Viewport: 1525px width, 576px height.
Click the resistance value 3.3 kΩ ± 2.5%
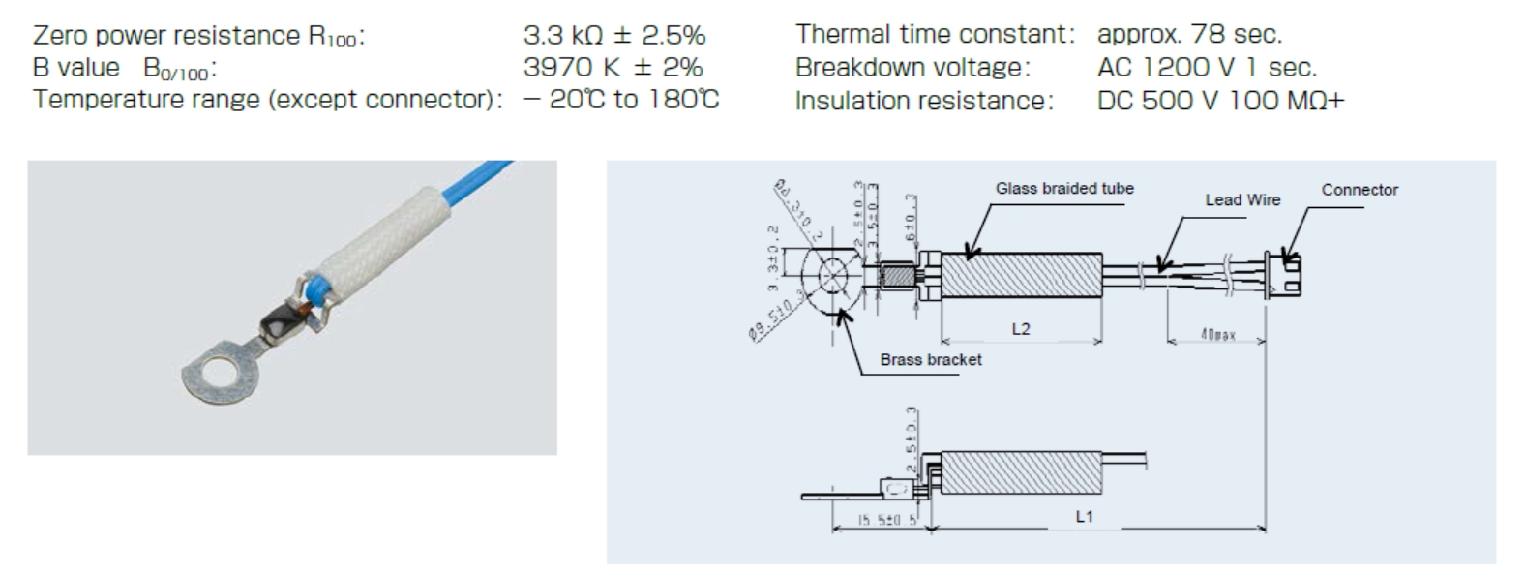613,36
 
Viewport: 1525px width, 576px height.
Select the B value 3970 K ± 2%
613,68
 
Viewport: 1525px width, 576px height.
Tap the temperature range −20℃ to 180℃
621,100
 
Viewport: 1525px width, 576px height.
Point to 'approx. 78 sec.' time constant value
1189,35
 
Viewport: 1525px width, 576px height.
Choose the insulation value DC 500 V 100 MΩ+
1220,101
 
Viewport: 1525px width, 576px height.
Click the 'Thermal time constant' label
935,35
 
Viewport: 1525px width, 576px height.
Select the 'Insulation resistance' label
923,101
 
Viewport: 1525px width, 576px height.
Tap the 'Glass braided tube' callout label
1064,189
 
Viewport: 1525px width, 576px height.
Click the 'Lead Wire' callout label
1242,200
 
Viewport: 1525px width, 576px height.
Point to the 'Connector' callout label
1360,190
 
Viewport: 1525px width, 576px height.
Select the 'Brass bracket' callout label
930,360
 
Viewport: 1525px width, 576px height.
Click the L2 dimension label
1021,329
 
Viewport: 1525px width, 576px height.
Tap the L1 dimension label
1084,517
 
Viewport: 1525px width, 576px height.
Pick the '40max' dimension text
1218,335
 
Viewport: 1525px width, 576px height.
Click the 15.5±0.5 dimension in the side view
879,521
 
